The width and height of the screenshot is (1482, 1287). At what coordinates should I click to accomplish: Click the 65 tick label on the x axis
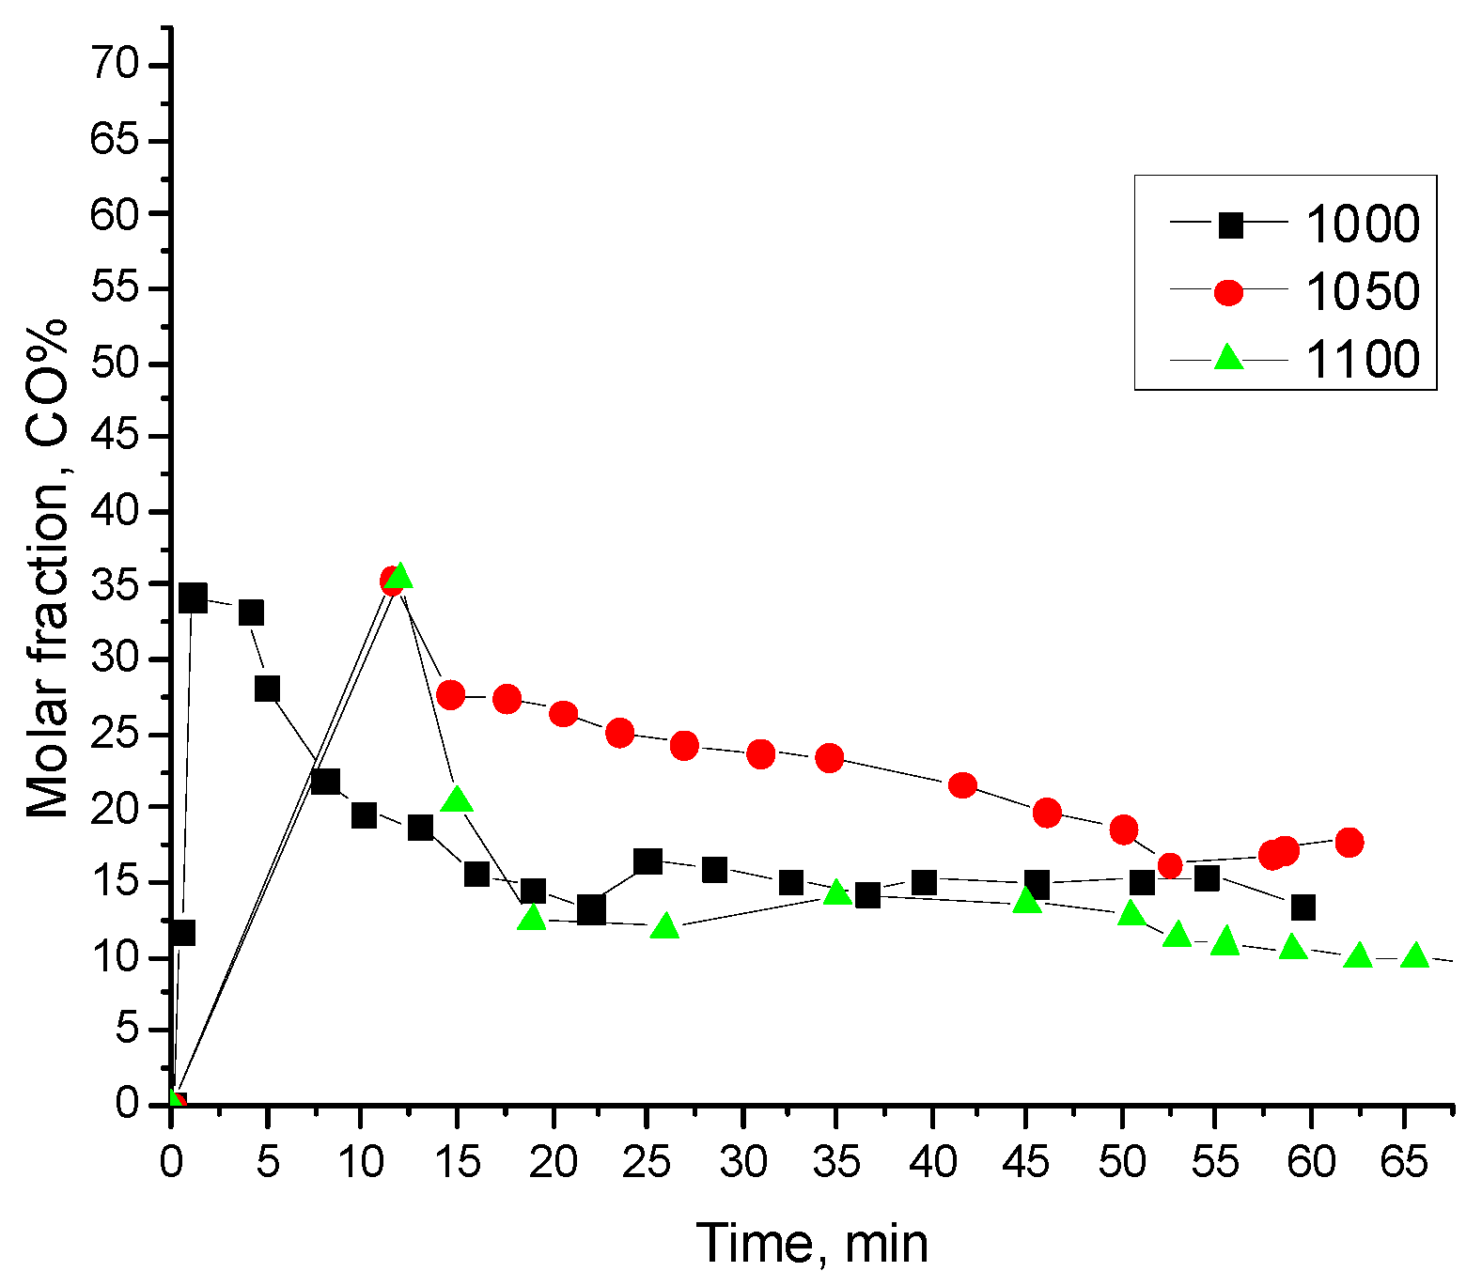1404,1163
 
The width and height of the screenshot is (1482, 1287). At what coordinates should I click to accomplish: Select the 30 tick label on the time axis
743,1163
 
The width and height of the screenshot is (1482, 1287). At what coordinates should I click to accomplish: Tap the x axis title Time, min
812,1244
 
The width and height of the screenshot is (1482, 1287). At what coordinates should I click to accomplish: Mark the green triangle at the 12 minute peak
399,575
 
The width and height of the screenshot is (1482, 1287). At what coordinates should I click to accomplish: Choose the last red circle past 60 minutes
1349,843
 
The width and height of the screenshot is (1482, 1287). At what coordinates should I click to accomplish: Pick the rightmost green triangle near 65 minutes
1414,956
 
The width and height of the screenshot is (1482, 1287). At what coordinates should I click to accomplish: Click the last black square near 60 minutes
1303,907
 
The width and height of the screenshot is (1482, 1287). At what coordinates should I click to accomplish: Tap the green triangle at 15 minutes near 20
457,799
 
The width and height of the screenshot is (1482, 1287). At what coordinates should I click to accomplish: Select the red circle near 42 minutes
962,785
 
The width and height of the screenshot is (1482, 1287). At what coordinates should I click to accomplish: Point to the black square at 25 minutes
647,861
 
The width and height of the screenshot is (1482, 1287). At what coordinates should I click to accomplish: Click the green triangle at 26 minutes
665,927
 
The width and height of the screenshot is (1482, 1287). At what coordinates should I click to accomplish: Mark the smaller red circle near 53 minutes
1170,866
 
